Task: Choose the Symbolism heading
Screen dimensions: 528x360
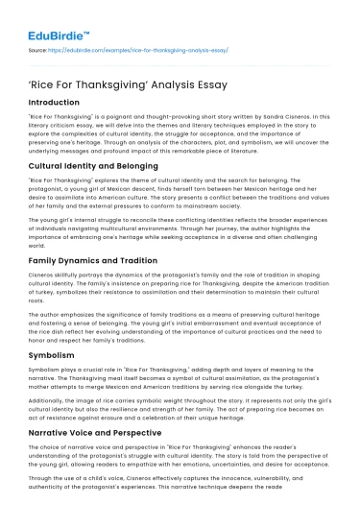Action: point(57,355)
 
